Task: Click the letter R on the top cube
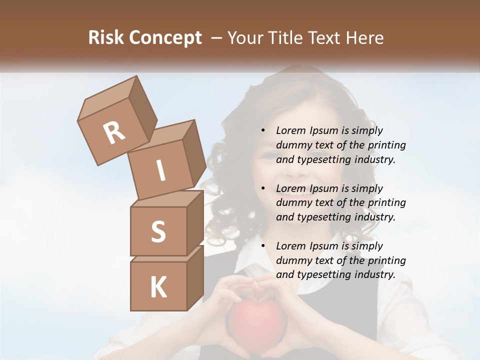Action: pyautogui.click(x=114, y=133)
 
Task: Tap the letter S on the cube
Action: pyautogui.click(x=158, y=231)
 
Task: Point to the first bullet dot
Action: pyautogui.click(x=263, y=131)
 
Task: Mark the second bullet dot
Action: pyautogui.click(x=263, y=189)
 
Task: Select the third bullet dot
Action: pyautogui.click(x=263, y=246)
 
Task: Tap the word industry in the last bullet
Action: pyautogui.click(x=373, y=274)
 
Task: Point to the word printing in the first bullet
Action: pyautogui.click(x=386, y=145)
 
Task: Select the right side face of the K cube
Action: pyautogui.click(x=195, y=278)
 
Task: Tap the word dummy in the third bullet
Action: pyautogui.click(x=291, y=260)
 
